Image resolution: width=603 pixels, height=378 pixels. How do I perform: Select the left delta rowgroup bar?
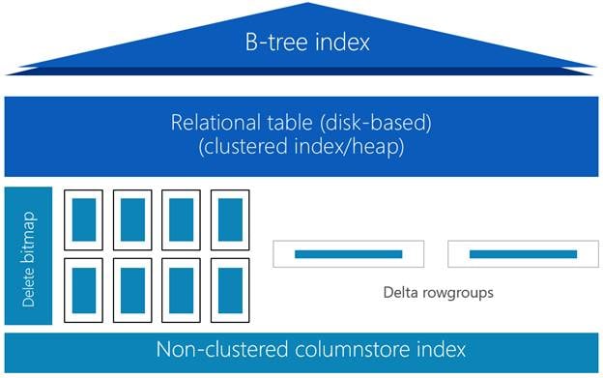(x=348, y=254)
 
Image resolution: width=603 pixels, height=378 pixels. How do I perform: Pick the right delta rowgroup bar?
(x=523, y=254)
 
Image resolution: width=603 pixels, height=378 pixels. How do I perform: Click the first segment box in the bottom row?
(x=84, y=290)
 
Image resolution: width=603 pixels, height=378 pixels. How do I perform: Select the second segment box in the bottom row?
(x=132, y=290)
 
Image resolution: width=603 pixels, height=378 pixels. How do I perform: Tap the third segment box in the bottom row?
(x=181, y=290)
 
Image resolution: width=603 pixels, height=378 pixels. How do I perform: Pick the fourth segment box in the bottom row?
(x=229, y=290)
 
